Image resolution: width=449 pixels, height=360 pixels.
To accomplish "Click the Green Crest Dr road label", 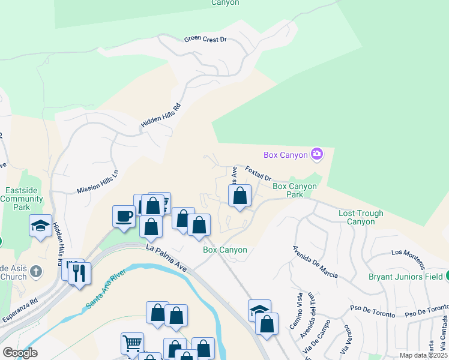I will pyautogui.click(x=205, y=39).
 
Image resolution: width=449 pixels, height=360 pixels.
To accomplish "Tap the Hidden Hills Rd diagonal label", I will pyautogui.click(x=160, y=115).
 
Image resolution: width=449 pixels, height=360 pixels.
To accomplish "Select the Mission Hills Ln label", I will pyautogui.click(x=97, y=181).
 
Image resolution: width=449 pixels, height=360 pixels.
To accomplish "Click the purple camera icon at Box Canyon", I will pyautogui.click(x=317, y=155).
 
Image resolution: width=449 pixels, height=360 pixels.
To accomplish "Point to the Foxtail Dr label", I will pyautogui.click(x=259, y=174).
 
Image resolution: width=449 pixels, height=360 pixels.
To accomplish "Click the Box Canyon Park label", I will pyautogui.click(x=295, y=190).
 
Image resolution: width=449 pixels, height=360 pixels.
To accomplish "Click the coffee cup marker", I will pyautogui.click(x=124, y=215).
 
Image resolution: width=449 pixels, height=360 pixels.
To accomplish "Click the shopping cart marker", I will pyautogui.click(x=132, y=343).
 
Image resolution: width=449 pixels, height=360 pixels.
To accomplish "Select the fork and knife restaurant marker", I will pyautogui.click(x=79, y=272).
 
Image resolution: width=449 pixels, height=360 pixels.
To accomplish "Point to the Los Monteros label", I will pyautogui.click(x=408, y=259).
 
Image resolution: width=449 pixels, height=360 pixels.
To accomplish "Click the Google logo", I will pyautogui.click(x=20, y=353).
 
